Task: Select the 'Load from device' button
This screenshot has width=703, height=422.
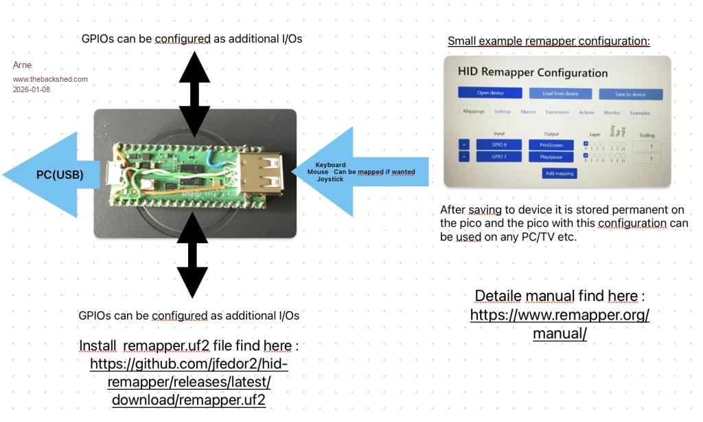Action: point(560,93)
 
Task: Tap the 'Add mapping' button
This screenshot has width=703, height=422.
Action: point(560,173)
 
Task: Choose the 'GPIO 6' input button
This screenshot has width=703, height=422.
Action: point(499,144)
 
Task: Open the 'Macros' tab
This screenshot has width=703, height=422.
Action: point(528,111)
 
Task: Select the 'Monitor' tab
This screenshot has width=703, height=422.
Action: point(612,112)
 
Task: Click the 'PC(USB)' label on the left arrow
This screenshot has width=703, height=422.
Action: point(60,175)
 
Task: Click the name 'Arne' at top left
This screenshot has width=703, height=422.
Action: point(23,65)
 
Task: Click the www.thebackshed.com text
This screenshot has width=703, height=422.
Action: point(50,78)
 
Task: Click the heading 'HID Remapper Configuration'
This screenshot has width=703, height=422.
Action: point(532,72)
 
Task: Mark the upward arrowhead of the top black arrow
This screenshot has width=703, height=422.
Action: point(194,65)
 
